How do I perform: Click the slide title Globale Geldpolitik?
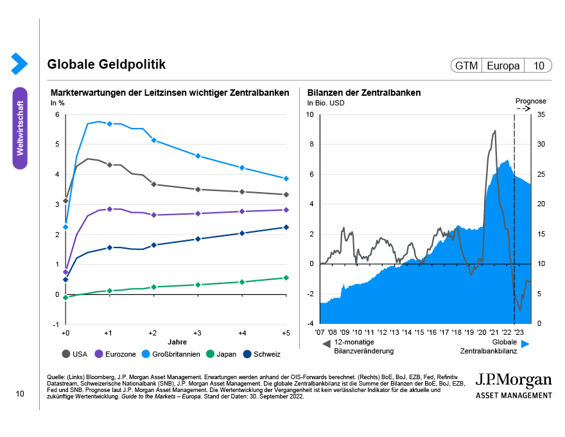[x=107, y=65]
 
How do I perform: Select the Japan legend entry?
[x=222, y=354]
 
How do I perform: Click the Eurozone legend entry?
[x=116, y=354]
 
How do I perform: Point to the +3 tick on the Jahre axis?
[x=197, y=333]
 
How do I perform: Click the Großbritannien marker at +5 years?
[x=286, y=179]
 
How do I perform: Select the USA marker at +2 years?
[x=153, y=184]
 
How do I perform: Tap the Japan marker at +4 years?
[x=242, y=281]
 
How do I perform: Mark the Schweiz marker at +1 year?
[x=109, y=247]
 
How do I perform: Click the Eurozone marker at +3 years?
[x=198, y=213]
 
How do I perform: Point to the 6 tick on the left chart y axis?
[x=57, y=115]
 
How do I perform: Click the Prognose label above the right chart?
[x=531, y=101]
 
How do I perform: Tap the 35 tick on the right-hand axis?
[x=541, y=115]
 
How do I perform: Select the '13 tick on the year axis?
[x=394, y=333]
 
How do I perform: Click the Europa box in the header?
[x=503, y=66]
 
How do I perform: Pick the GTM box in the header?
[x=466, y=66]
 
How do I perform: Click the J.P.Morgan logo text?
[x=513, y=379]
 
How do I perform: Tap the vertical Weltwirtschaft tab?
[x=20, y=128]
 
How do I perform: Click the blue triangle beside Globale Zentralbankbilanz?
[x=525, y=345]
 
